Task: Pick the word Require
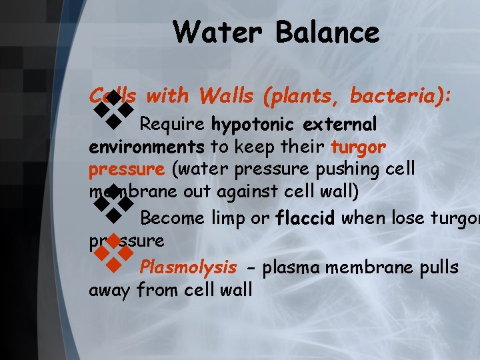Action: pyautogui.click(x=173, y=125)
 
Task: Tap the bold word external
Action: pyautogui.click(x=340, y=125)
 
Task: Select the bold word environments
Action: pyautogui.click(x=147, y=147)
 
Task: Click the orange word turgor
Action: pyautogui.click(x=359, y=147)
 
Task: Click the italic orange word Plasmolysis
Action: pyautogui.click(x=188, y=267)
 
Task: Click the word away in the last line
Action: pyautogui.click(x=110, y=289)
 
